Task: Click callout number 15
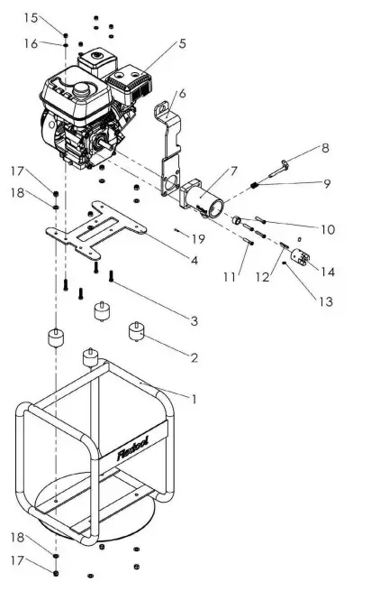32,18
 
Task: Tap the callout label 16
32,43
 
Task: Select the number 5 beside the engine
182,43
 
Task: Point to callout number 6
182,94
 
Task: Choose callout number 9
328,184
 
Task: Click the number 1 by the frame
192,394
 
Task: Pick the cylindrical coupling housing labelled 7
208,194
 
